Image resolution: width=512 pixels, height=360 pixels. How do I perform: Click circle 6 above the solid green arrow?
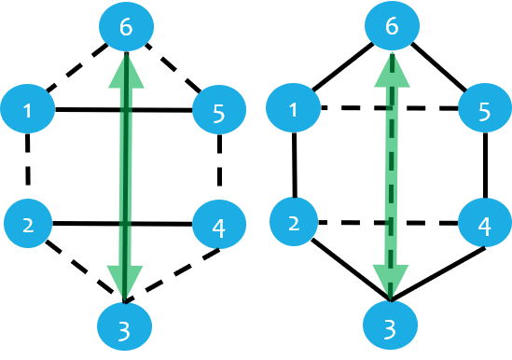pos(125,28)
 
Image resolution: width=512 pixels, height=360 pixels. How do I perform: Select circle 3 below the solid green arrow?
pos(125,326)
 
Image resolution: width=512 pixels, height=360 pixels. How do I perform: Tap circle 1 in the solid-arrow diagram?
pos(28,110)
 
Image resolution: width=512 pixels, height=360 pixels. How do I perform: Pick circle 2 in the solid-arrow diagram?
pos(28,224)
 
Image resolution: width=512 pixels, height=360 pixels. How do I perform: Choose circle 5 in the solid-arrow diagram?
pos(219,112)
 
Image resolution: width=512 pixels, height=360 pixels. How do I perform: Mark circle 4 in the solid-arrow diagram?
pos(219,226)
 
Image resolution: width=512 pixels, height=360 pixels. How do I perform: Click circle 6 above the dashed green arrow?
pos(392,28)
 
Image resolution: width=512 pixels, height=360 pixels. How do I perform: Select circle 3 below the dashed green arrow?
pos(391,326)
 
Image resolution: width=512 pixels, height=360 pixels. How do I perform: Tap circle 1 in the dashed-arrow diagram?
pos(294,109)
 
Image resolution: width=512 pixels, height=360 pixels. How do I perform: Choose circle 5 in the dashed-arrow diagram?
pos(485,111)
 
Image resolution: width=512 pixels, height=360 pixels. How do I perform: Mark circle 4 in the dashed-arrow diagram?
pos(485,225)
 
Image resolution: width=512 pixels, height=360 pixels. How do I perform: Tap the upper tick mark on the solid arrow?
pos(125,111)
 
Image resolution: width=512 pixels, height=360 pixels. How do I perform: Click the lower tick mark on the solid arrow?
pos(124,225)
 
